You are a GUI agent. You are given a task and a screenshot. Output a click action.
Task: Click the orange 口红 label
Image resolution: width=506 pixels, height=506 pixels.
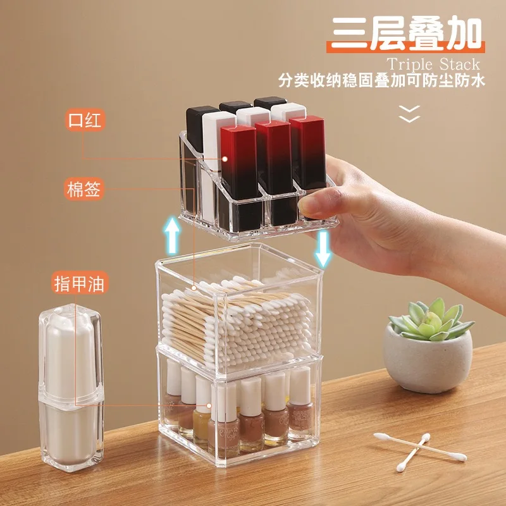pyautogui.click(x=85, y=120)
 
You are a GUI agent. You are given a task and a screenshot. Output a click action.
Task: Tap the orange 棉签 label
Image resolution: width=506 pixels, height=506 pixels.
pyautogui.click(x=84, y=188)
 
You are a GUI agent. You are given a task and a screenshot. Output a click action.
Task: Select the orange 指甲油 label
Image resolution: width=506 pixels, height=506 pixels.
pyautogui.click(x=80, y=283)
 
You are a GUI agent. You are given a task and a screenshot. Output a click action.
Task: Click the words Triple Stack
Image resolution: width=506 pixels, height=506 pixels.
pyautogui.click(x=433, y=65)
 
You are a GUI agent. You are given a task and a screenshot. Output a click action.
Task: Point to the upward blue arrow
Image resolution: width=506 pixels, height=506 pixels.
pyautogui.click(x=171, y=235)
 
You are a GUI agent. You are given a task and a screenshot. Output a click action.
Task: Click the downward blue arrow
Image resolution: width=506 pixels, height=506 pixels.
pyautogui.click(x=323, y=249)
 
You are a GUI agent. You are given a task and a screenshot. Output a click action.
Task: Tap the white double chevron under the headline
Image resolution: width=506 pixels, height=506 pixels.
pyautogui.click(x=409, y=114)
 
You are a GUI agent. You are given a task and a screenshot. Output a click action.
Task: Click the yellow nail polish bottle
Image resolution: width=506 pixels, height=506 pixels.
pyautogui.click(x=201, y=409)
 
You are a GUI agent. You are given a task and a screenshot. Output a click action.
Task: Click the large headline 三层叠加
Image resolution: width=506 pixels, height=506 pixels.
pyautogui.click(x=406, y=34)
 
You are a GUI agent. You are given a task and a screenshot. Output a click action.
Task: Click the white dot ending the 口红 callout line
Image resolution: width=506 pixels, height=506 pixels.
pyautogui.click(x=225, y=159)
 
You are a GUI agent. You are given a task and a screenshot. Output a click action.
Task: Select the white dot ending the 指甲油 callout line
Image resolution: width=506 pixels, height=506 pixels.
pyautogui.click(x=209, y=405)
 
